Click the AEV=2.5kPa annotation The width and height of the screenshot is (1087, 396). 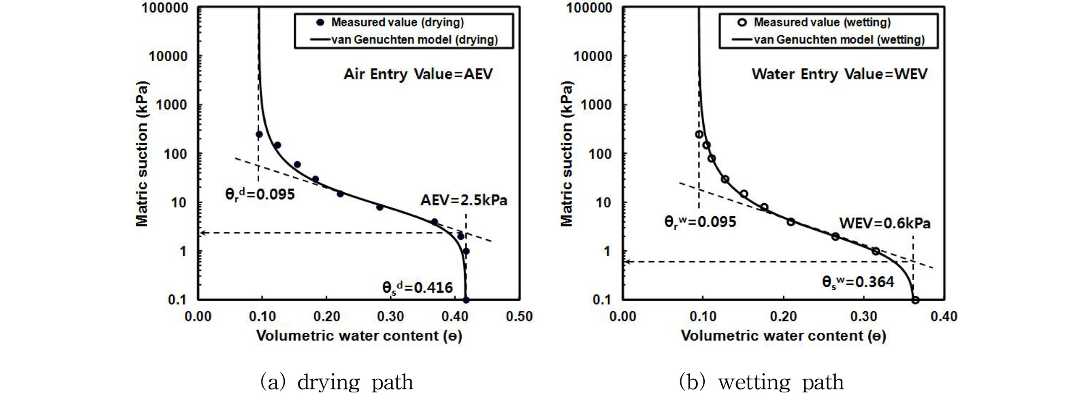pyautogui.click(x=463, y=200)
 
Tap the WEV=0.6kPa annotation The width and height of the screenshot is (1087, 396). pyautogui.click(x=885, y=223)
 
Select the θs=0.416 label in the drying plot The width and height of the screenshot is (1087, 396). pyautogui.click(x=417, y=287)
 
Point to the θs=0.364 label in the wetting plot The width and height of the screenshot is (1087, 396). pyautogui.click(x=858, y=282)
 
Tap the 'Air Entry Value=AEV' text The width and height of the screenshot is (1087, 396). pyautogui.click(x=418, y=74)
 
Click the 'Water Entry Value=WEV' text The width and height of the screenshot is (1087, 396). pyautogui.click(x=839, y=74)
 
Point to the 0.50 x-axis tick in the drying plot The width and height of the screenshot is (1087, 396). pyautogui.click(x=519, y=316)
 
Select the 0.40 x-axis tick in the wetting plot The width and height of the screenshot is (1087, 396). pyautogui.click(x=944, y=316)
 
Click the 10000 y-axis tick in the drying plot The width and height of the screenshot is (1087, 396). pyautogui.click(x=168, y=56)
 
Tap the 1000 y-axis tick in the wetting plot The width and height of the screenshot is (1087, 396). pyautogui.click(x=596, y=105)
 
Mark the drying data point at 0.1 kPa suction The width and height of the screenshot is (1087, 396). pyautogui.click(x=466, y=300)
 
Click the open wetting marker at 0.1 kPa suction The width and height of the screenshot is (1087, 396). pyautogui.click(x=915, y=300)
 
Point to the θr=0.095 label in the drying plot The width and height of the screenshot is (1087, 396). pyautogui.click(x=260, y=194)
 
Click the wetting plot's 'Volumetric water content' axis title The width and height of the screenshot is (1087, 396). pyautogui.click(x=783, y=336)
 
